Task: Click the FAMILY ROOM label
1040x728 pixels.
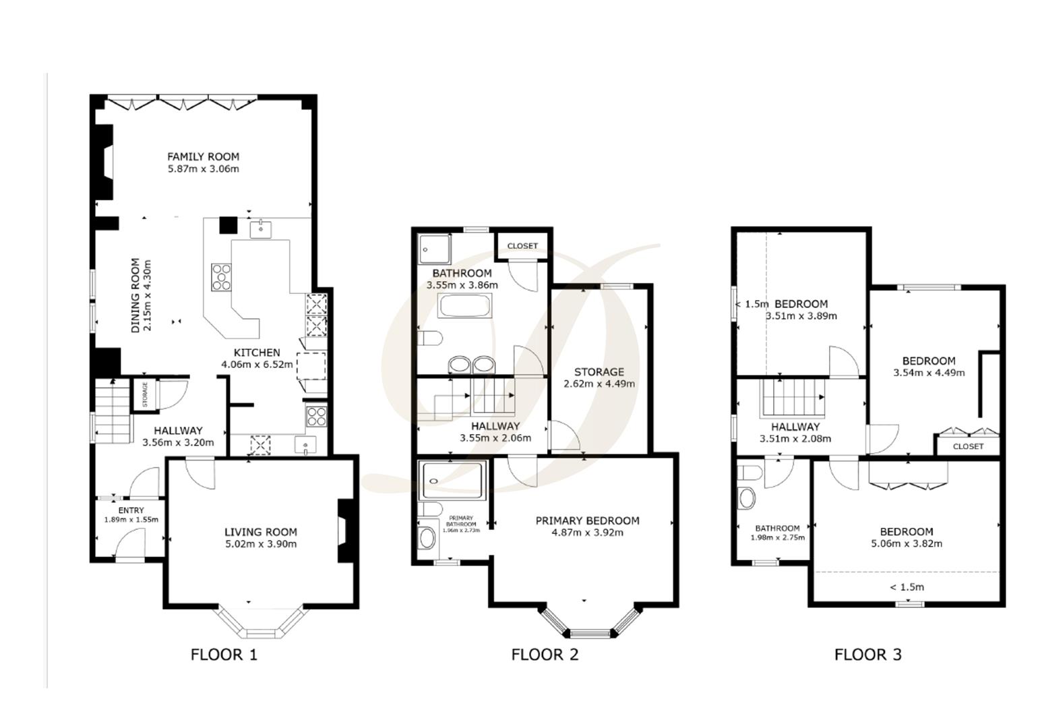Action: click(x=203, y=156)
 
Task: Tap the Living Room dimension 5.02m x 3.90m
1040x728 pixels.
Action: click(x=260, y=544)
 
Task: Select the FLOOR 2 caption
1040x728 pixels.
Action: click(x=545, y=654)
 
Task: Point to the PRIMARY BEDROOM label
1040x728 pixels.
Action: click(x=587, y=520)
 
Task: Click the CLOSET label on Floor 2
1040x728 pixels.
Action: click(x=522, y=246)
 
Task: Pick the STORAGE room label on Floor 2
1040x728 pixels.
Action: click(x=599, y=371)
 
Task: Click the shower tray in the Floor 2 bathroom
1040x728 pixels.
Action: click(x=435, y=248)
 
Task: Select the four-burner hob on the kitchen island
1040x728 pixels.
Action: click(x=220, y=276)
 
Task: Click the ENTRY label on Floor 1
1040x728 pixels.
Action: click(x=131, y=510)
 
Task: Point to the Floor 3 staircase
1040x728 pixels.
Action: click(x=793, y=398)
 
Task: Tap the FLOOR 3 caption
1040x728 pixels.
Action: click(x=867, y=654)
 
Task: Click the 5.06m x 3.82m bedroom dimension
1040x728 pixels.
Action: click(x=907, y=544)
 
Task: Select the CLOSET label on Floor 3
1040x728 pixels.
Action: click(x=968, y=446)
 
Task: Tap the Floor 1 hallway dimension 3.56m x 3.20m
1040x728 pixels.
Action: click(x=178, y=443)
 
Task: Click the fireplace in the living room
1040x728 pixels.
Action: click(x=344, y=530)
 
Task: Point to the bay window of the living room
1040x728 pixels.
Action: click(x=259, y=624)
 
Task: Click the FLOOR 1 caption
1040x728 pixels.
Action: click(x=224, y=654)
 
